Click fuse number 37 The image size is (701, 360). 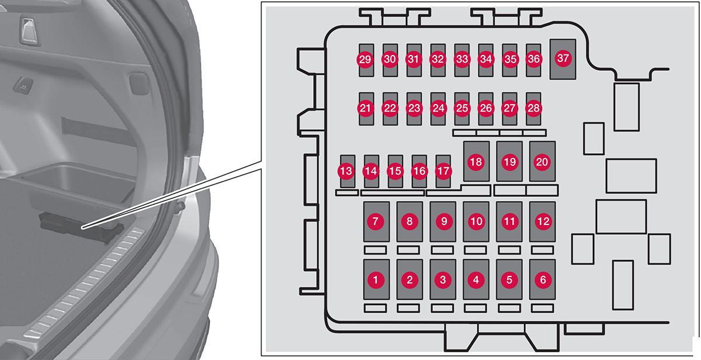[x=563, y=58]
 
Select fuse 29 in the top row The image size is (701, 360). [x=366, y=60]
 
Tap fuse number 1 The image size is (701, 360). [x=377, y=280]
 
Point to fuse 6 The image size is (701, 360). [x=543, y=280]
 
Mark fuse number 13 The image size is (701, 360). [x=347, y=171]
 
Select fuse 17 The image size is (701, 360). [x=443, y=171]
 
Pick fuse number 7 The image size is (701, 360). [x=377, y=221]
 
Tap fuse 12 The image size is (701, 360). [x=543, y=221]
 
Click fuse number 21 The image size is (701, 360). [x=366, y=108]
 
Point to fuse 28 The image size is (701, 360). [x=533, y=108]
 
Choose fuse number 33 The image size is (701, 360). [x=462, y=60]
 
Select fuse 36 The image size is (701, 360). [x=533, y=60]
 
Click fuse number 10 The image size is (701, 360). [x=476, y=221]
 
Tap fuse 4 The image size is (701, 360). [x=476, y=280]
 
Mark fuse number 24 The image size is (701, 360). [x=438, y=108]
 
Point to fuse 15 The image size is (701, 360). [x=395, y=171]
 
